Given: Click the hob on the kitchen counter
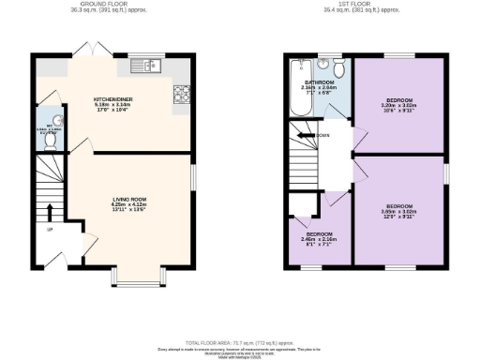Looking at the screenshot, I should click(x=180, y=95).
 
